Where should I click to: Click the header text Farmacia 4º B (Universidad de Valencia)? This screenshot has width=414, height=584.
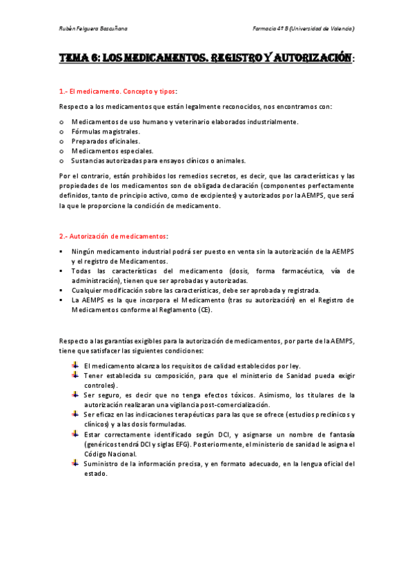(304, 29)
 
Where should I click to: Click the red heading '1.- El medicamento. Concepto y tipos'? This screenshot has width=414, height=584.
(118, 91)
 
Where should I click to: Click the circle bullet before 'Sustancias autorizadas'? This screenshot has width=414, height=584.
(62, 160)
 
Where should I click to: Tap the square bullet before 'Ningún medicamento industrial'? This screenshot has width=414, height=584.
(62, 251)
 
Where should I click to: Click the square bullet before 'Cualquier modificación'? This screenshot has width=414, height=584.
(62, 291)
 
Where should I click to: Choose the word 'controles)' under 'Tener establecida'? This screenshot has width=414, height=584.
(101, 385)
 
